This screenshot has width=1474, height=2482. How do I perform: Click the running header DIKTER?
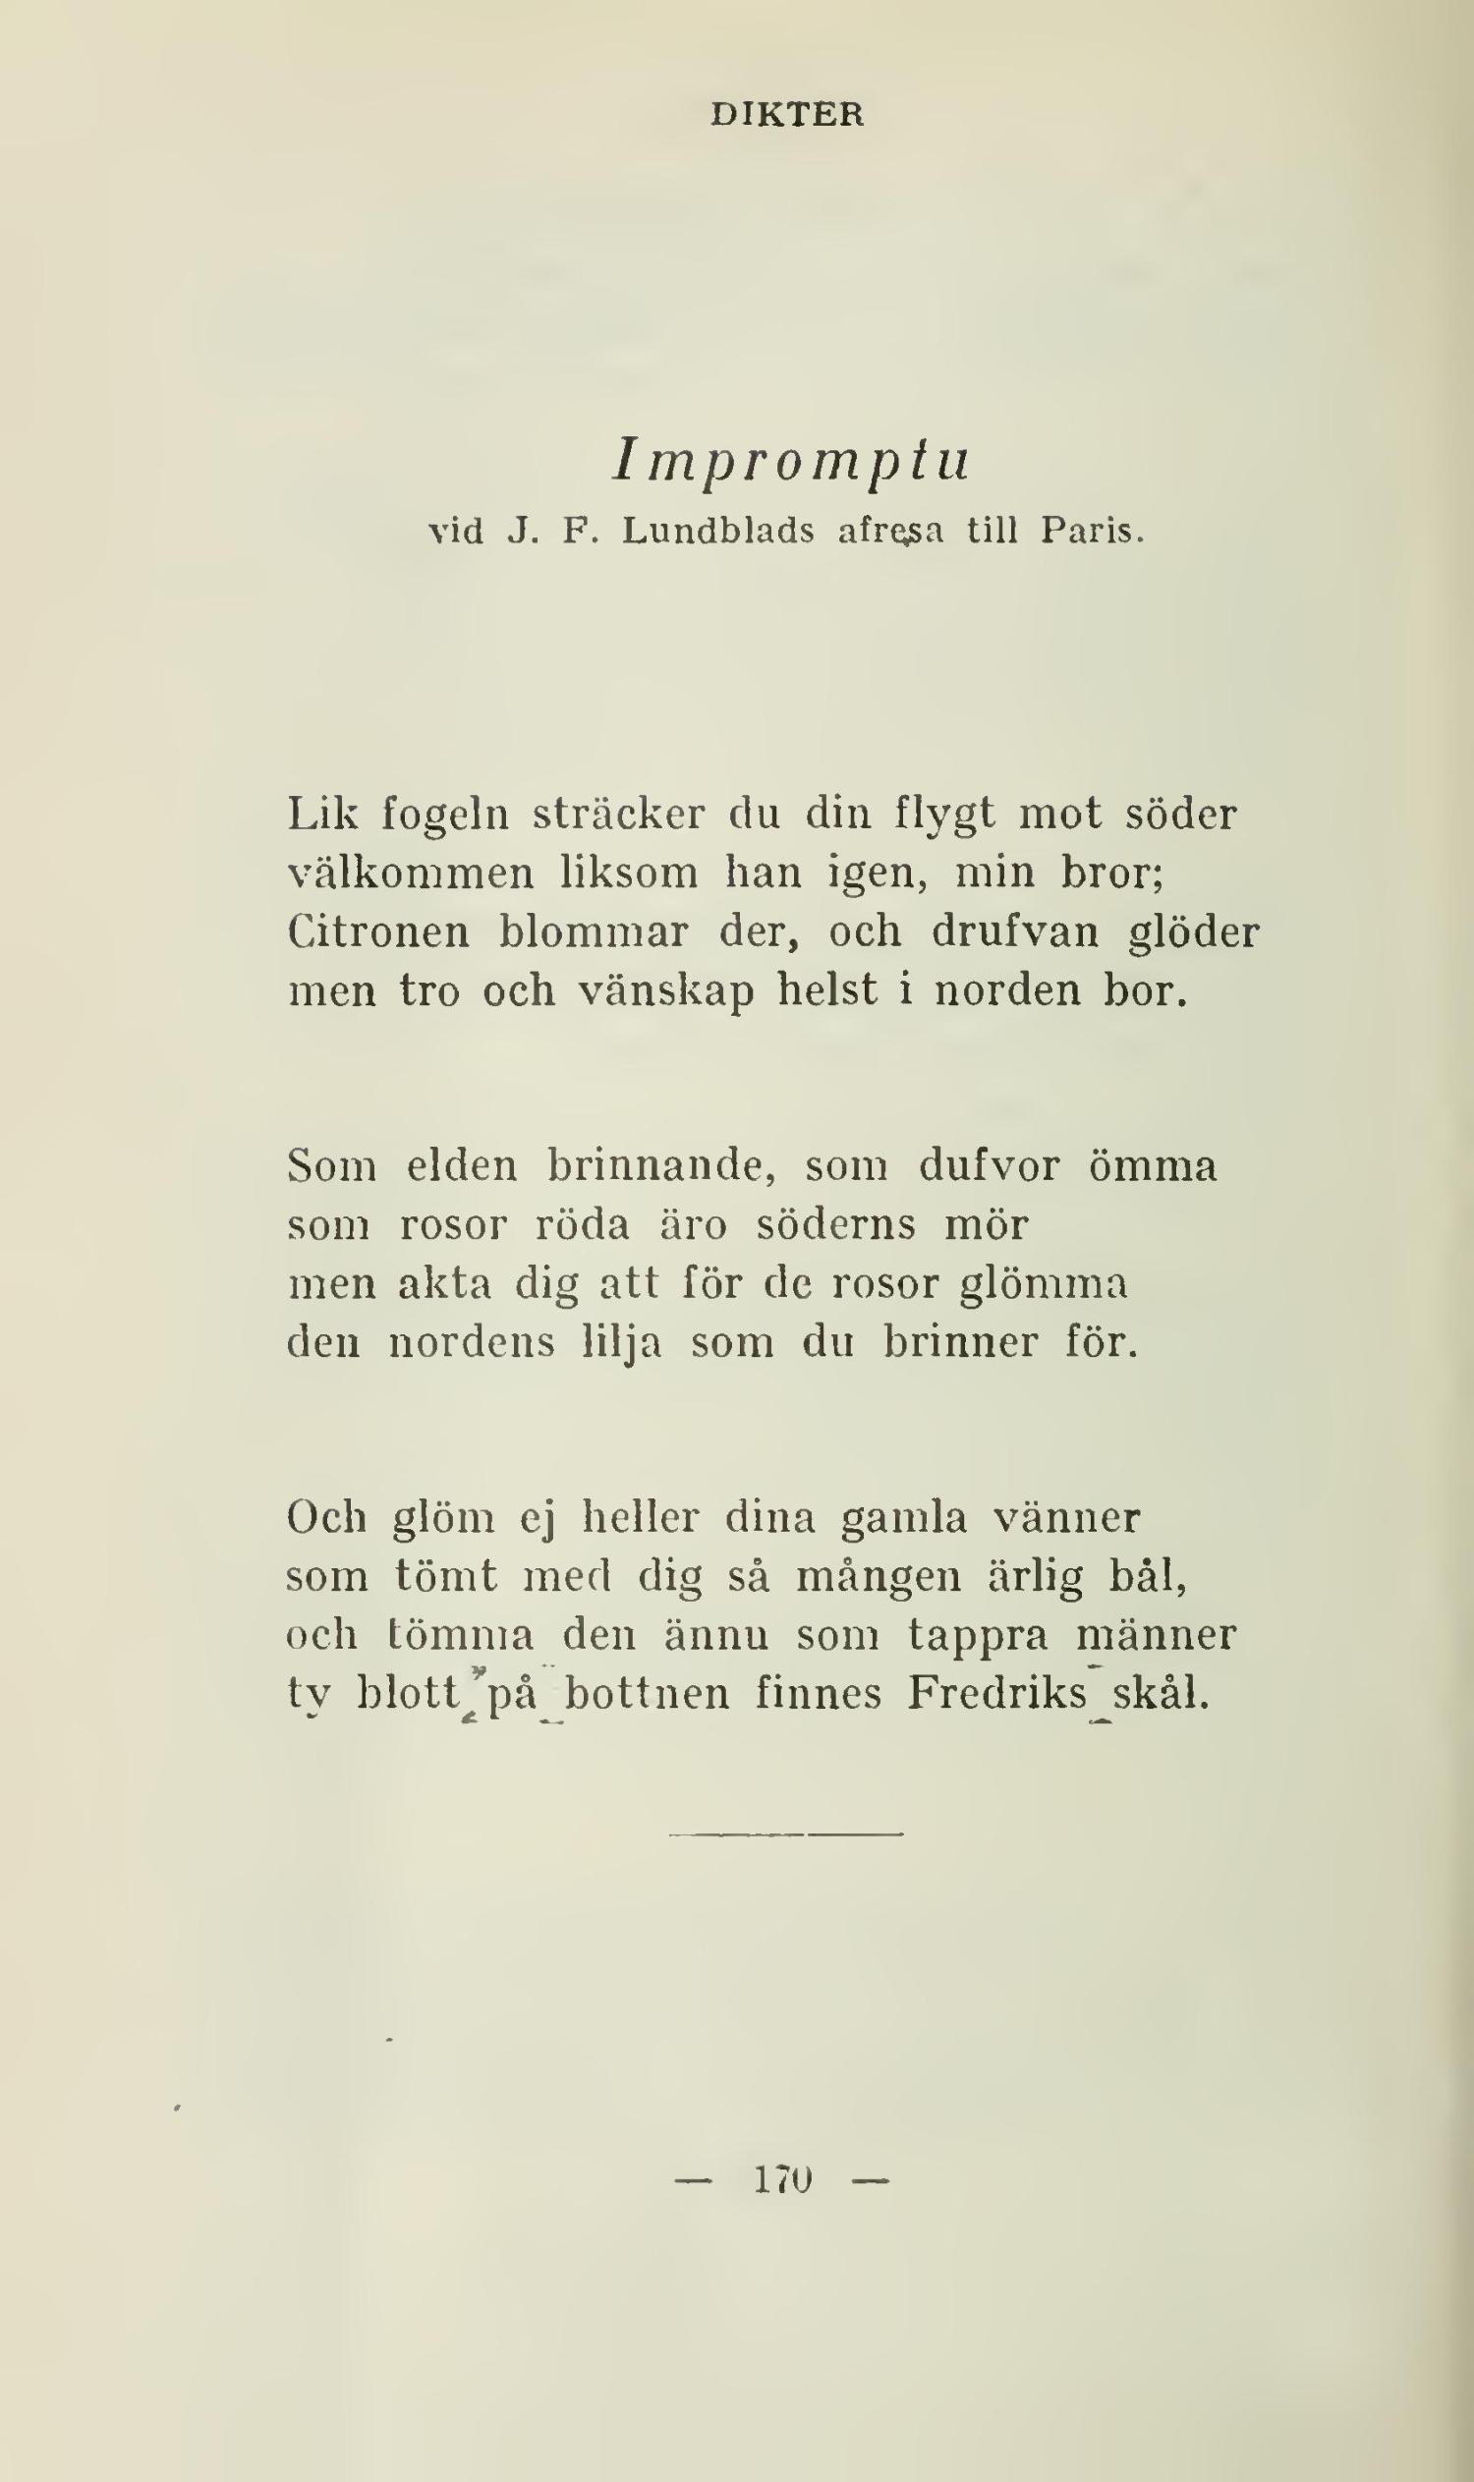[x=787, y=115]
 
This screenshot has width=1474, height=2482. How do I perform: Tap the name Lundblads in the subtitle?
[x=717, y=533]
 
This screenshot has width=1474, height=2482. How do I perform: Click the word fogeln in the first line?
[x=446, y=816]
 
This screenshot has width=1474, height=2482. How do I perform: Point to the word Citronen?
[x=378, y=932]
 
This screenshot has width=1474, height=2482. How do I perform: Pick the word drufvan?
[x=1015, y=932]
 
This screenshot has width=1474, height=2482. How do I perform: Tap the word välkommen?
[x=411, y=874]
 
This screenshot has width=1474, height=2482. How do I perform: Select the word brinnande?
[x=661, y=1166]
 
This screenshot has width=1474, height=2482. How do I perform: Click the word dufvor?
[x=990, y=1166]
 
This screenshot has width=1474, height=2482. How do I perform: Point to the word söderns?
[x=836, y=1224]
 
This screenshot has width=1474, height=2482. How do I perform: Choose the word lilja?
[x=621, y=1344]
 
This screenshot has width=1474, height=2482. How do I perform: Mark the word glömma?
[x=1044, y=1284]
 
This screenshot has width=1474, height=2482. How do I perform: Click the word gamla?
[x=903, y=1519]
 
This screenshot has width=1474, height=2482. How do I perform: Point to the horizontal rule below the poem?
[x=785, y=1834]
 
